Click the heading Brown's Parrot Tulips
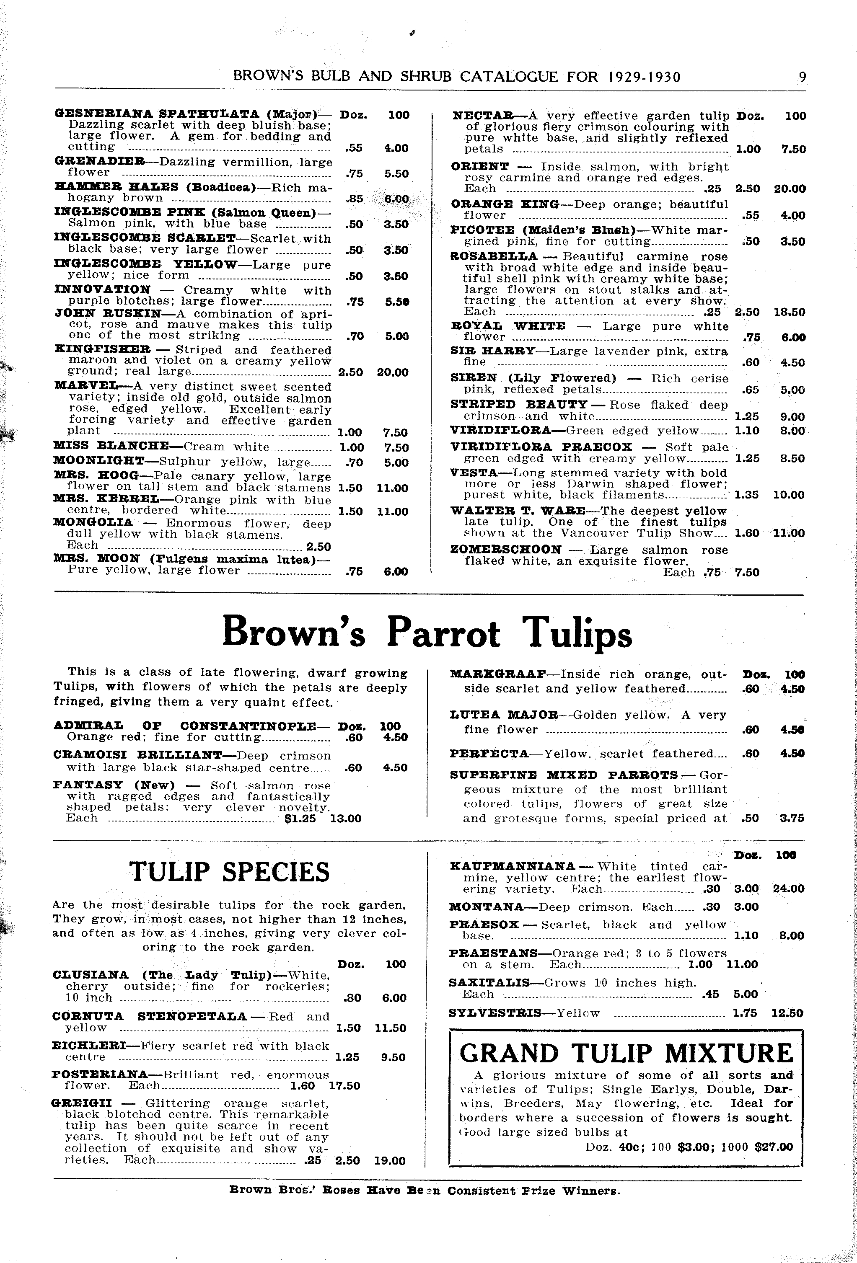(427, 633)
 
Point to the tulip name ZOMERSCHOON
(506, 550)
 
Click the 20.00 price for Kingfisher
(393, 372)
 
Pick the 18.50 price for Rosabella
(790, 312)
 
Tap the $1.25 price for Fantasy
(300, 819)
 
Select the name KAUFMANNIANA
(512, 866)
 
